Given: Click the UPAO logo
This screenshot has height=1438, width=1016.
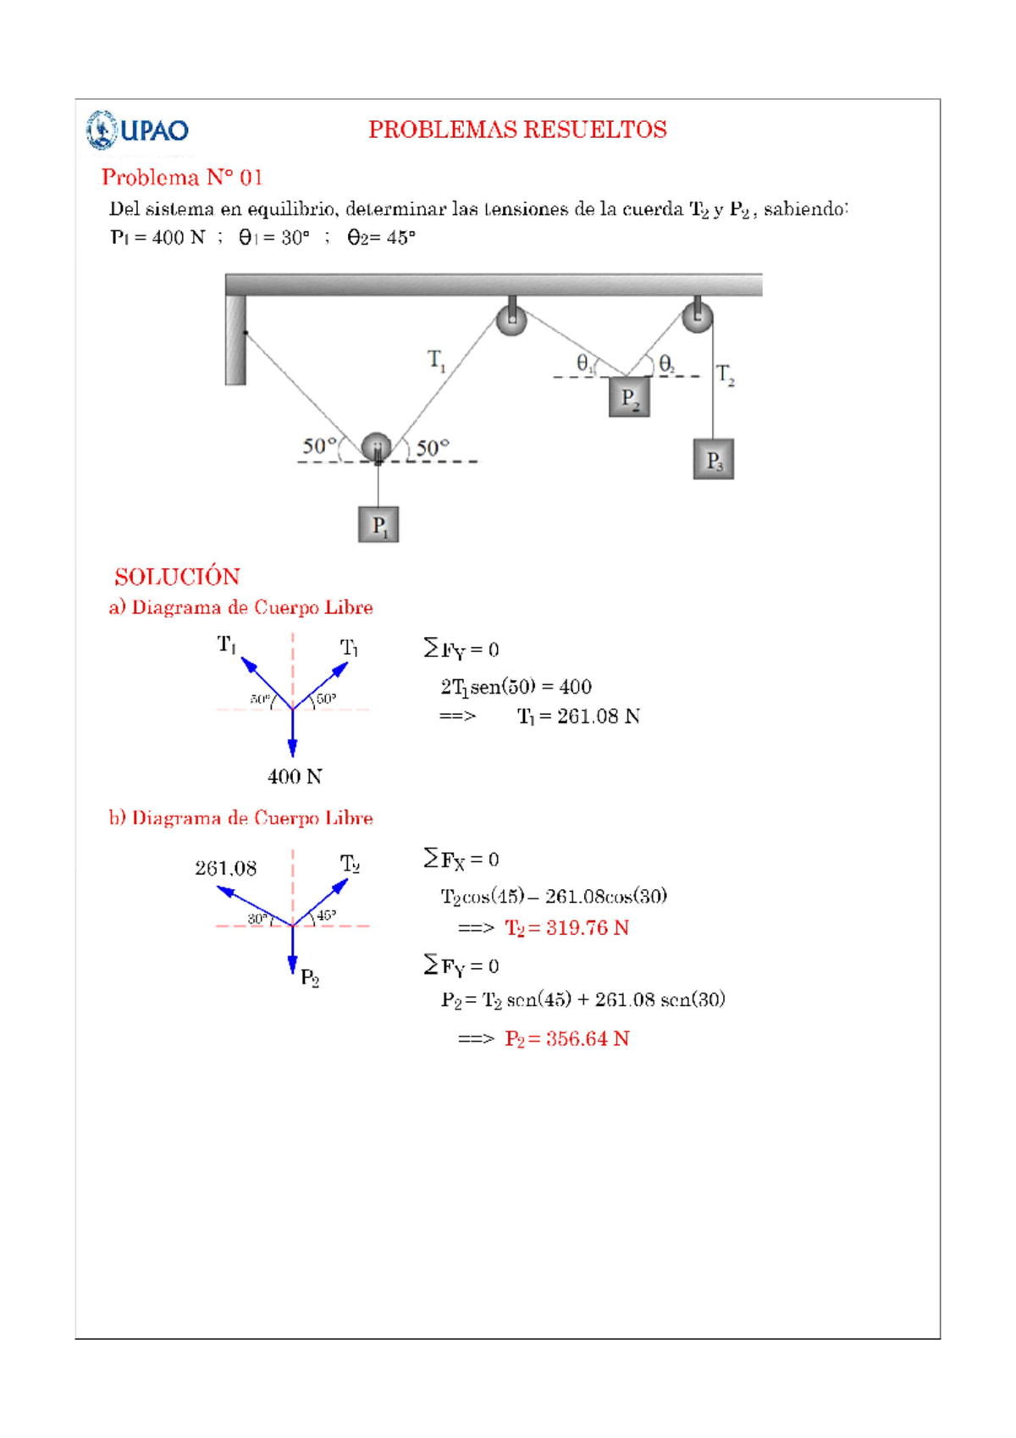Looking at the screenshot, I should [x=137, y=130].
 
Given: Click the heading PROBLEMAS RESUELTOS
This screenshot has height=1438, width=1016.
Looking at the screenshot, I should [x=517, y=130].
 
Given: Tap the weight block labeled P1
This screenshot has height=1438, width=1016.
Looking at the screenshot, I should [x=378, y=525].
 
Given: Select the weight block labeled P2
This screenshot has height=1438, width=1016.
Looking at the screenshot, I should [x=629, y=397].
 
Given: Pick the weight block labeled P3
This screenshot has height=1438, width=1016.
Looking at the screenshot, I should [x=714, y=460].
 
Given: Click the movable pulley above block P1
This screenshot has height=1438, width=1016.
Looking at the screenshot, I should [x=376, y=447].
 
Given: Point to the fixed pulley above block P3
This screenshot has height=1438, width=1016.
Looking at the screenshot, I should [x=697, y=317].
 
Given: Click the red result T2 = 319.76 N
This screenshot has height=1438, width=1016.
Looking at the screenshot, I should [x=566, y=928].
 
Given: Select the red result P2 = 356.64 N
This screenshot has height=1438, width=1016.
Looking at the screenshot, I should [x=566, y=1039].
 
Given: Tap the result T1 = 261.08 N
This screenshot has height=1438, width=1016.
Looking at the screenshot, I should [x=578, y=716].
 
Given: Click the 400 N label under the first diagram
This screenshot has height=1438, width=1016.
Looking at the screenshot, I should [x=295, y=777].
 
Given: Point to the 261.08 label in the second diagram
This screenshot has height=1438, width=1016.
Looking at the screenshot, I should [x=225, y=868].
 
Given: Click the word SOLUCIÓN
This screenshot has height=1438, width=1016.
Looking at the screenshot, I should [x=177, y=577].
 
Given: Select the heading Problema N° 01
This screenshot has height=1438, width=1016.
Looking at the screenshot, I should [x=182, y=177].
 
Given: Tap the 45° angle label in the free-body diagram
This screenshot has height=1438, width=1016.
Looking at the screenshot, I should [x=326, y=915].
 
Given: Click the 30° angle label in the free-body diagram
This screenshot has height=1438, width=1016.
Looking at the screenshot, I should [x=258, y=919].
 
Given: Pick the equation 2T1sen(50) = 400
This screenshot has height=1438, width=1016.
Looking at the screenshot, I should [x=516, y=687].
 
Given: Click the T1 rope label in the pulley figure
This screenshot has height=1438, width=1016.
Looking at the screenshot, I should [x=436, y=360].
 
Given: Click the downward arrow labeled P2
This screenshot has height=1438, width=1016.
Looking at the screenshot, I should [x=292, y=953].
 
